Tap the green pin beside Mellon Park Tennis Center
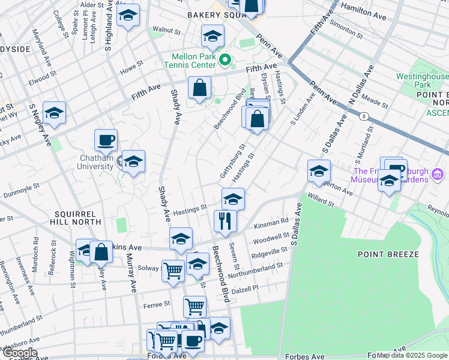225,59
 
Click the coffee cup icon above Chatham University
106,141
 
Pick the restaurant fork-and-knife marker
226,221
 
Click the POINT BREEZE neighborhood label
388,254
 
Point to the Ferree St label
157,305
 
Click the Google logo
19,353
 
